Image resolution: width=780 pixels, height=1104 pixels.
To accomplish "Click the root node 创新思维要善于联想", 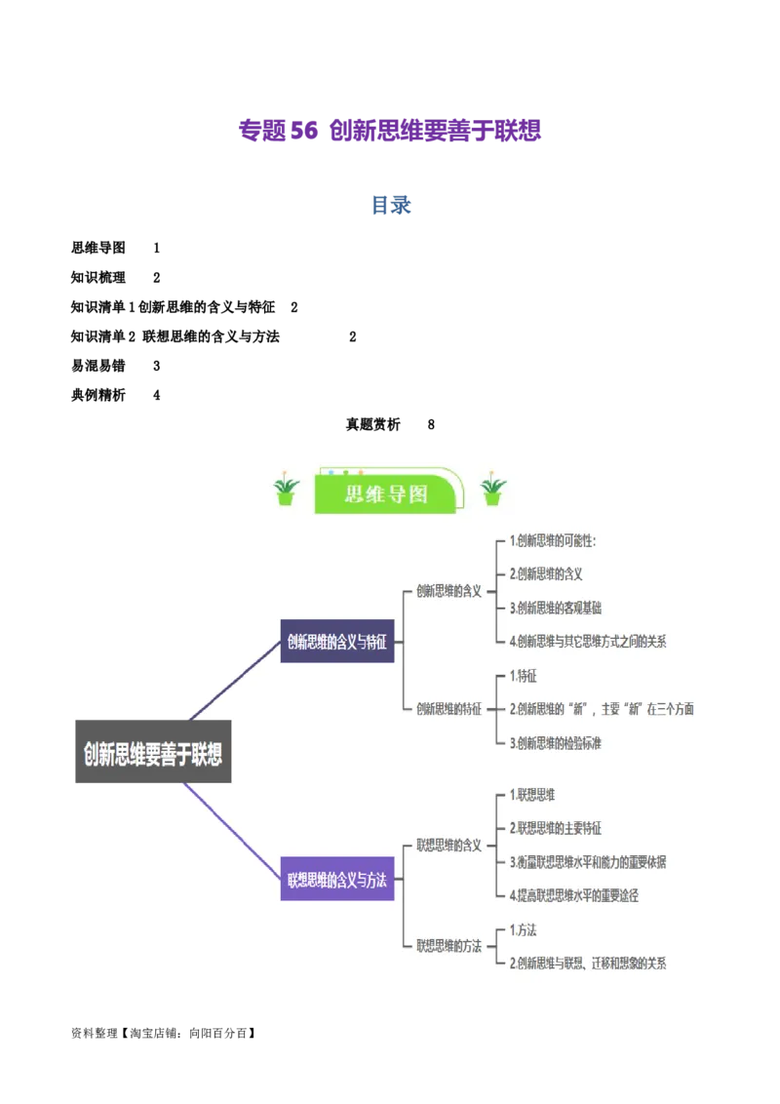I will [x=153, y=752].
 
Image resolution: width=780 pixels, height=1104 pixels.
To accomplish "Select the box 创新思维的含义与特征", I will [x=337, y=641].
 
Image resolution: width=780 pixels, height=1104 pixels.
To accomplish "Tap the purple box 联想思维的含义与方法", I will [x=337, y=880].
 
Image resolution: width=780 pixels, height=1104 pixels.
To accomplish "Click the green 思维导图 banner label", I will [x=386, y=493].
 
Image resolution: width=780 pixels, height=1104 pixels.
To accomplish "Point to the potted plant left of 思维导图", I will [x=286, y=490].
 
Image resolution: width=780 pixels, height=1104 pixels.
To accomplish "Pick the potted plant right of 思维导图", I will [x=493, y=490].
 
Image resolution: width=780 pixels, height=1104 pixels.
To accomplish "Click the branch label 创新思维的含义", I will [x=448, y=591].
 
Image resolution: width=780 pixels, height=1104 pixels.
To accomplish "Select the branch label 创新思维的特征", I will [x=448, y=709].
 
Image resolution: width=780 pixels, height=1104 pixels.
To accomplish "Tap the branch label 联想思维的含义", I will [x=448, y=845].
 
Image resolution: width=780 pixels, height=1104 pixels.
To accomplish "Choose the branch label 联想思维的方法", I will [x=448, y=945].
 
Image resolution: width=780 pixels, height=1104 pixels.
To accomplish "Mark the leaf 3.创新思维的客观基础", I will [x=556, y=608].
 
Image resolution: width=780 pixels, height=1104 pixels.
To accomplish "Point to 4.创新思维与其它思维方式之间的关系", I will [x=588, y=641].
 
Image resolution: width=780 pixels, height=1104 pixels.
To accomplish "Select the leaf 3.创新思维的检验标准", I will [x=556, y=743].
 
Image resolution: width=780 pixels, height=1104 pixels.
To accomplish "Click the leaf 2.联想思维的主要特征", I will [x=556, y=828].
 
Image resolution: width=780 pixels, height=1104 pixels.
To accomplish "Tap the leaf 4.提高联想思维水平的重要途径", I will [x=574, y=895].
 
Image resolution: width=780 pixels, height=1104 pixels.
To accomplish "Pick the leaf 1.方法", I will [x=524, y=929].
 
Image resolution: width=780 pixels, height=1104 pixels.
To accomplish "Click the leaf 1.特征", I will [x=524, y=676].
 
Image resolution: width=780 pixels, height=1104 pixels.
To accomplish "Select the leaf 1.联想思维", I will [x=532, y=795].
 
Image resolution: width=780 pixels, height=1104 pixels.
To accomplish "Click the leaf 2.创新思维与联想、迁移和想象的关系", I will [x=588, y=964].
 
